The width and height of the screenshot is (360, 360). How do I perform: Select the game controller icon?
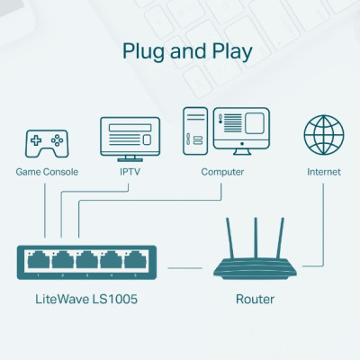[x=46, y=140]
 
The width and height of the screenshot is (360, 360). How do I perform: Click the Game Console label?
[x=47, y=171]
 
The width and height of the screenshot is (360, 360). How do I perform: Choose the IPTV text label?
[x=131, y=171]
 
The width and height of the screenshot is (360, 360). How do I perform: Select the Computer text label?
[x=222, y=171]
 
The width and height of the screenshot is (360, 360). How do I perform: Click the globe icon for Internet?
[x=324, y=135]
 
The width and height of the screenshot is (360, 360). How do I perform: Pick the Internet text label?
[x=324, y=171]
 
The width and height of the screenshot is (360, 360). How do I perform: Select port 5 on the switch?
[x=135, y=262]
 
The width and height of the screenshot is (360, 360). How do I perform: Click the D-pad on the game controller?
[x=37, y=139]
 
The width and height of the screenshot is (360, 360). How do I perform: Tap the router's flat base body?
[x=255, y=267]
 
